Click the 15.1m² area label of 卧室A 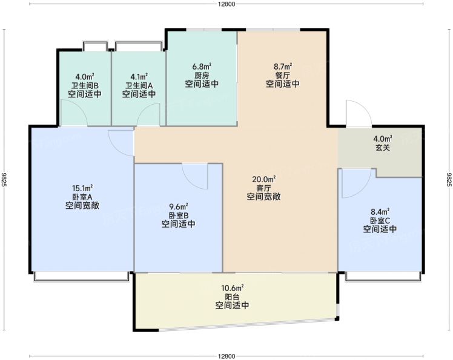pyautogui.click(x=82, y=189)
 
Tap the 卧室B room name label pyautogui.click(x=179, y=215)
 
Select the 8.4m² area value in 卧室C pyautogui.click(x=380, y=212)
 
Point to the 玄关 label pyautogui.click(x=383, y=148)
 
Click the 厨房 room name pyautogui.click(x=202, y=76)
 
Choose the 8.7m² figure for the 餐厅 pyautogui.click(x=283, y=67)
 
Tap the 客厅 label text pyautogui.click(x=263, y=188)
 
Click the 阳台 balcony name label pyautogui.click(x=233, y=297)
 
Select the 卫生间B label pyautogui.click(x=85, y=85)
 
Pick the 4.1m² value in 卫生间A pyautogui.click(x=139, y=77)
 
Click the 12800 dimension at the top pyautogui.click(x=226, y=4)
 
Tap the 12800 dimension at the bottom pyautogui.click(x=226, y=356)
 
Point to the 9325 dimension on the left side pyautogui.click(x=4, y=180)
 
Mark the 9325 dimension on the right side pyautogui.click(x=449, y=180)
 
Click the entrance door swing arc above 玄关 pyautogui.click(x=365, y=108)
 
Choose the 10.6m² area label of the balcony pyautogui.click(x=233, y=288)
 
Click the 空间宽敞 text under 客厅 pyautogui.click(x=263, y=197)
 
